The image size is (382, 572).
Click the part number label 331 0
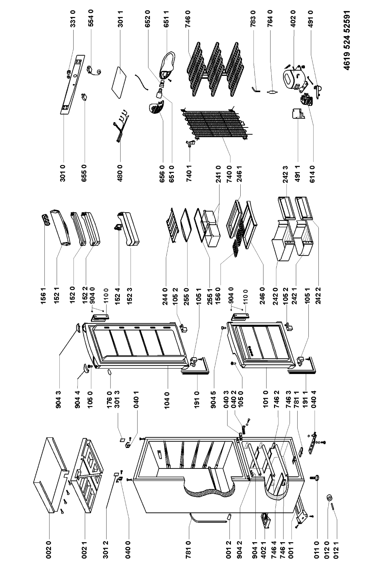pyautogui.click(x=73, y=18)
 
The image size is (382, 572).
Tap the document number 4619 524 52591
pyautogui.click(x=346, y=40)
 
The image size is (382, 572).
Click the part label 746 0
pyautogui.click(x=189, y=18)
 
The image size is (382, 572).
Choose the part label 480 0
pyautogui.click(x=120, y=173)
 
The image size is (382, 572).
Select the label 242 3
pyautogui.click(x=285, y=174)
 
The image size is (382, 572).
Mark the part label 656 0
pyautogui.click(x=162, y=174)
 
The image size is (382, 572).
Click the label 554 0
pyautogui.click(x=91, y=18)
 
